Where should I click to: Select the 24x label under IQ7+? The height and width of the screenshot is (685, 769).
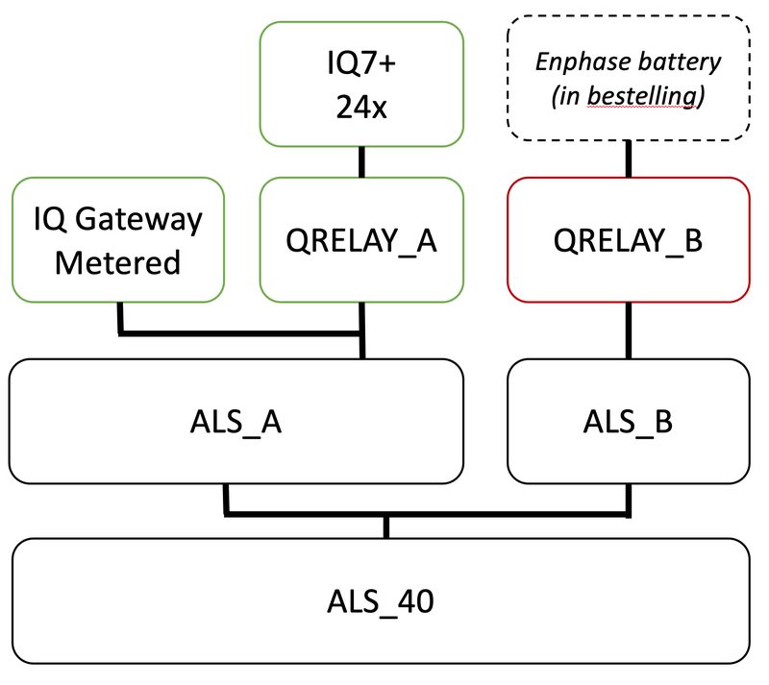360,108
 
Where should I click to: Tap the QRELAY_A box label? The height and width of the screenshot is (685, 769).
361,240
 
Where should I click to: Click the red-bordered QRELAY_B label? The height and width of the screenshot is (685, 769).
629,240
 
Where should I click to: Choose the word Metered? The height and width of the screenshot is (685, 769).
118,261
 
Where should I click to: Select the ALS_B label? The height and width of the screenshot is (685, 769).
629,421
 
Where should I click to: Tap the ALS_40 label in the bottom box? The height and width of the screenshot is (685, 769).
383,601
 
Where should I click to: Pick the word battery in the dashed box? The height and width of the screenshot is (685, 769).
684,62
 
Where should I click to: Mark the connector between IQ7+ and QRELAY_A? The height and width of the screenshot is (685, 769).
361,162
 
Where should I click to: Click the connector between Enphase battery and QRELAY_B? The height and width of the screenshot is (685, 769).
629,159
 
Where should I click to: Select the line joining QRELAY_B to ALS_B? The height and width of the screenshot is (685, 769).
629,330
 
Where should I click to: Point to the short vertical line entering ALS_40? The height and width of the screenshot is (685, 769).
386,526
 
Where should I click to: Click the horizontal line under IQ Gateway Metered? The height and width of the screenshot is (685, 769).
240,332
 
